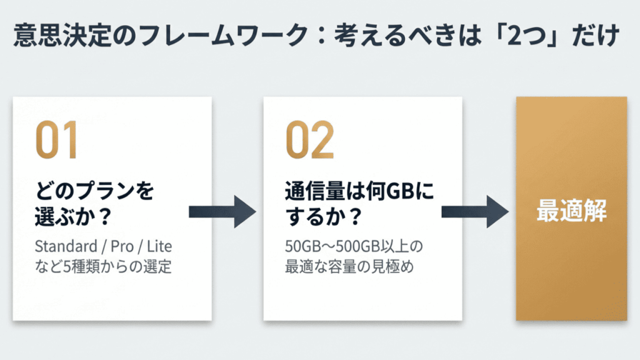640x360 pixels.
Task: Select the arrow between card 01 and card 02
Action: pyautogui.click(x=222, y=212)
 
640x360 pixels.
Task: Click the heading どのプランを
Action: pyautogui.click(x=94, y=191)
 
